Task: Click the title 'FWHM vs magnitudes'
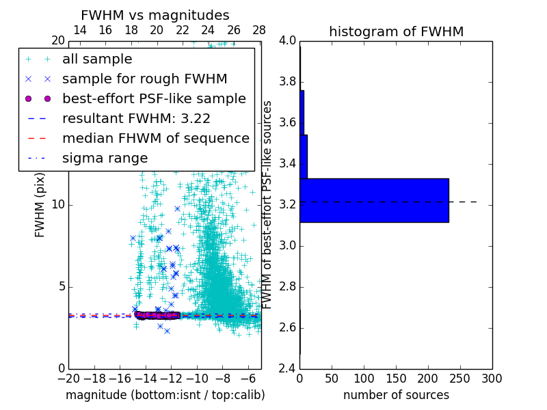pos(155,15)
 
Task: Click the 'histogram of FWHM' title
pos(396,31)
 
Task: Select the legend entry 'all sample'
pos(97,59)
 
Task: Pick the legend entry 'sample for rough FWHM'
pos(144,79)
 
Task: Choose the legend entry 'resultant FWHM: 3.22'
pos(136,118)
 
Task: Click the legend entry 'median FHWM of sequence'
pos(155,138)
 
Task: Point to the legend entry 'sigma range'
pos(105,158)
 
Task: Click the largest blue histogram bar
pos(374,200)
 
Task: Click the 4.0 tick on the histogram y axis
pos(288,41)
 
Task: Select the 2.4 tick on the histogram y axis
pos(288,368)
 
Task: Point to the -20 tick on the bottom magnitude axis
pos(68,378)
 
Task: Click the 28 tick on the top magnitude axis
pos(259,31)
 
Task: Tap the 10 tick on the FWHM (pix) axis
pos(58,205)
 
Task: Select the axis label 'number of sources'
pos(396,395)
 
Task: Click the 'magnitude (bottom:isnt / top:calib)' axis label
pos(165,395)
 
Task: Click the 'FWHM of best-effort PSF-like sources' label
pos(268,204)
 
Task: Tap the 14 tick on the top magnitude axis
pos(79,31)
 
